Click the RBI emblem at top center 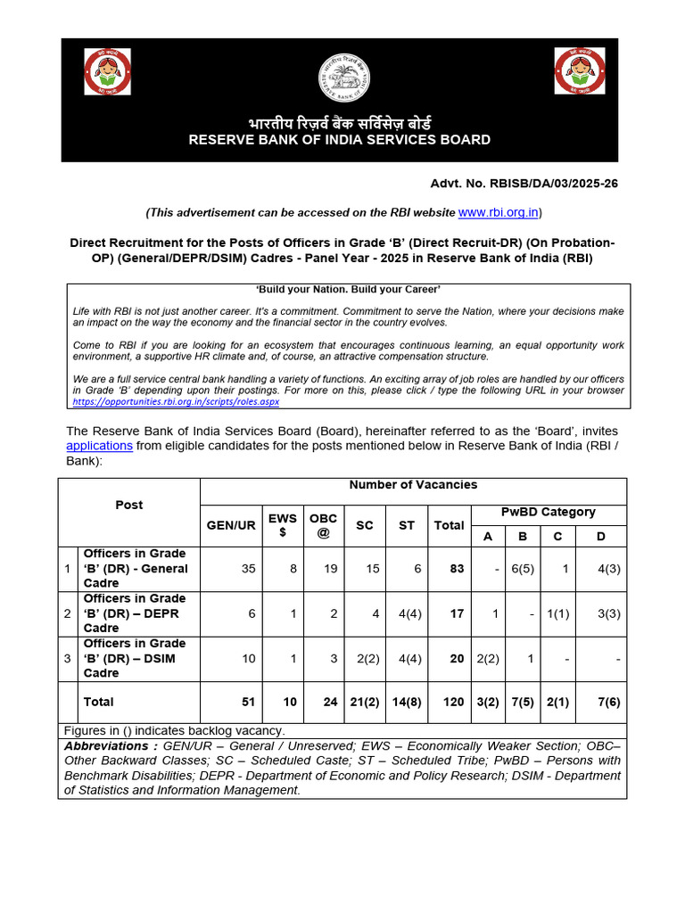point(343,78)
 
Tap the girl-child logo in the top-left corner point(107,71)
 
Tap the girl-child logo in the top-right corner point(579,71)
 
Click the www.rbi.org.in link point(498,212)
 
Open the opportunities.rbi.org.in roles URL point(176,402)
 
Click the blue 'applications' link point(100,446)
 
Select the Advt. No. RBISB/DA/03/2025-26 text point(524,183)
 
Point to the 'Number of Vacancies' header point(413,485)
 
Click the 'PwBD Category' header point(548,512)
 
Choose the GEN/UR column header point(231,525)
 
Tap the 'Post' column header point(128,505)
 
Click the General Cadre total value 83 point(457,569)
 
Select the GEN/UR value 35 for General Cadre point(248,569)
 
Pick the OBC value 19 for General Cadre point(330,569)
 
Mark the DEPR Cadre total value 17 point(457,613)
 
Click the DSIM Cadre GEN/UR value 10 point(248,659)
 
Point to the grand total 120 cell point(453,703)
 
